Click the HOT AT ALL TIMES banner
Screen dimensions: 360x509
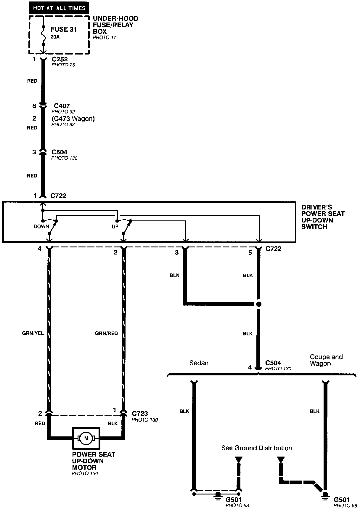pyautogui.click(x=59, y=8)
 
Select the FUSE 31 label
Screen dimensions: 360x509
pyautogui.click(x=64, y=29)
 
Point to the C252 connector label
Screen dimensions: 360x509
pyautogui.click(x=60, y=59)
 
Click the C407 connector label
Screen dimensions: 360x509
pyautogui.click(x=62, y=106)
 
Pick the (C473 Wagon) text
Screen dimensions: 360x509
pyautogui.click(x=73, y=119)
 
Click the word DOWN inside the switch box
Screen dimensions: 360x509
pyautogui.click(x=41, y=227)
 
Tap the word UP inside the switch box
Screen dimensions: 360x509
pyautogui.click(x=115, y=227)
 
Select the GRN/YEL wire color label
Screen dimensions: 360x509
pyautogui.click(x=33, y=333)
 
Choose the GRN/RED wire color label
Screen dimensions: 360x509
pyautogui.click(x=106, y=333)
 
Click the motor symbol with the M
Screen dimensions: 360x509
pyautogui.click(x=86, y=438)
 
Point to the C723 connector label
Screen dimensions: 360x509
pyautogui.click(x=140, y=414)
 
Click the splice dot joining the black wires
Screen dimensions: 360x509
pyautogui.click(x=259, y=304)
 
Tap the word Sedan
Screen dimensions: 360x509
pyautogui.click(x=199, y=363)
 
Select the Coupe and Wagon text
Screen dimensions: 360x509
pyautogui.click(x=326, y=360)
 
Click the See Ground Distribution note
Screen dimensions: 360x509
pyautogui.click(x=257, y=448)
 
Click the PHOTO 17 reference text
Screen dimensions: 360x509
pyautogui.click(x=105, y=38)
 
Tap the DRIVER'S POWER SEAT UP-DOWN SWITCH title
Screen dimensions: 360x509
pyautogui.click(x=323, y=217)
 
